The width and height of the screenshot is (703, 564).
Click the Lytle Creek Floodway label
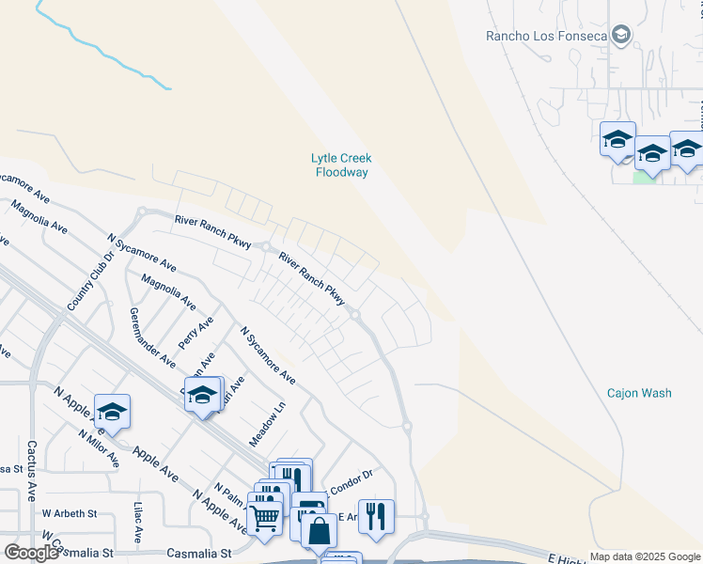[341, 164]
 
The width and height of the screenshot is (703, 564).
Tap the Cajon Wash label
[639, 393]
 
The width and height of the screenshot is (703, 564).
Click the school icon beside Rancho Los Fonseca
[620, 36]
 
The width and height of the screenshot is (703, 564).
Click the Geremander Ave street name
[153, 337]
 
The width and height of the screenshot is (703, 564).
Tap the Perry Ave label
[196, 332]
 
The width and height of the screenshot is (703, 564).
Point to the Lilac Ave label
[138, 522]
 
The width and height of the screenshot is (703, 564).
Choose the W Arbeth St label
[70, 514]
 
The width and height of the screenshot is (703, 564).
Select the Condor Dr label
[351, 477]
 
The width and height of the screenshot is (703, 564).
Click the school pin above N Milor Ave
[112, 412]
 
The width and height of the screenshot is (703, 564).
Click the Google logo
[31, 553]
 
